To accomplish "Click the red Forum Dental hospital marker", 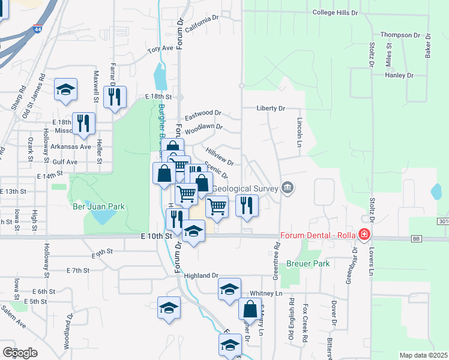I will pyautogui.click(x=363, y=234).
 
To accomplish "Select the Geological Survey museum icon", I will pyautogui.click(x=288, y=188).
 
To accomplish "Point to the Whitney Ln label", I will pyautogui.click(x=266, y=293).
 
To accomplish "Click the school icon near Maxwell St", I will pyautogui.click(x=65, y=90).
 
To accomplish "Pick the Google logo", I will pyautogui.click(x=20, y=352).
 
